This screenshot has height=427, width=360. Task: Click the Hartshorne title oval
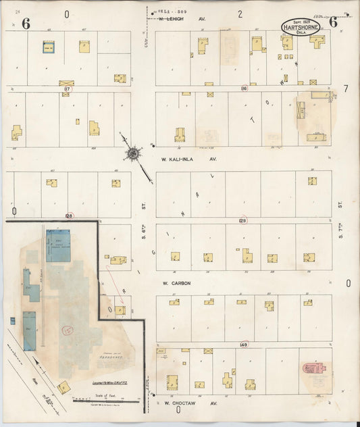(301, 27)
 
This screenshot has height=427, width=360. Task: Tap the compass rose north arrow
(133, 155)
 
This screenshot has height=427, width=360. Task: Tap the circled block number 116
(244, 89)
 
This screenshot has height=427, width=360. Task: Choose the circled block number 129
(243, 220)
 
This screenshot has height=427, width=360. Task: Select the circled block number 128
(69, 216)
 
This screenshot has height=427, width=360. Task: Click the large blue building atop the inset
(58, 245)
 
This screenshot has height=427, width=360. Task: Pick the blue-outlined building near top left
(49, 47)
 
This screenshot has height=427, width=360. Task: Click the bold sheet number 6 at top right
(332, 22)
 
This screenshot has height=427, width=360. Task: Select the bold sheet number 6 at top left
(26, 24)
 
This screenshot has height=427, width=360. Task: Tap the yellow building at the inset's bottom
(63, 387)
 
